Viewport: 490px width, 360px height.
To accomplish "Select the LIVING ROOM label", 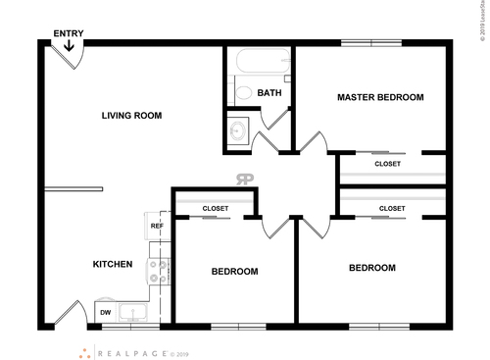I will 131,116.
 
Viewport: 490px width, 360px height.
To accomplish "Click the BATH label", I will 269,93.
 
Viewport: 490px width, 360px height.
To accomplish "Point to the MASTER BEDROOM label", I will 380,97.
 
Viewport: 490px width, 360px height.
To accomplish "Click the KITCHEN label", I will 113,264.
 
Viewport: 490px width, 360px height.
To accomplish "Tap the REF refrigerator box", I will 156,227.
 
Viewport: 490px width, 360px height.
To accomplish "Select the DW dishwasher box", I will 106,313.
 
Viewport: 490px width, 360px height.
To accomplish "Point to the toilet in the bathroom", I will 241,93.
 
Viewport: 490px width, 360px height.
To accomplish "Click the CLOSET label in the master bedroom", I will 387,164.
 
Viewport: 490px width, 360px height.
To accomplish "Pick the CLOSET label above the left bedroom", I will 216,209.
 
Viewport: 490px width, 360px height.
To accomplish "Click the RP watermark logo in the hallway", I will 245,179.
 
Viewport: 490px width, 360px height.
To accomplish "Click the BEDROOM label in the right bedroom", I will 372,268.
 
